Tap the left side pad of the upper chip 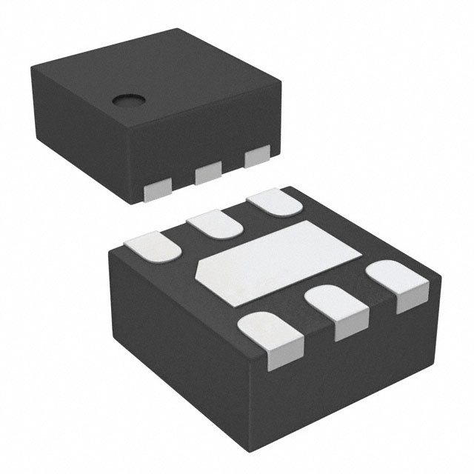coord(158,191)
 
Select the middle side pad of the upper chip coord(208,175)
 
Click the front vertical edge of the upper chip coord(141,163)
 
